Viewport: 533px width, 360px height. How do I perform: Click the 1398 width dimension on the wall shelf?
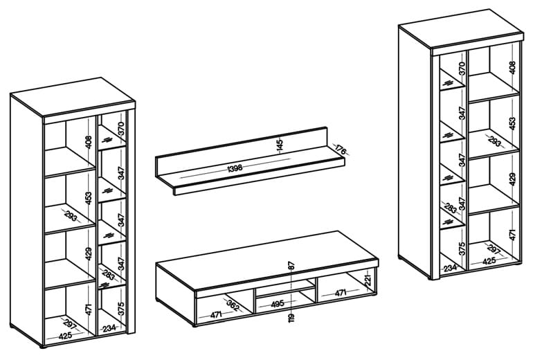[x=235, y=168]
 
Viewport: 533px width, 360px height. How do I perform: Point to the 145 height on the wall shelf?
[x=280, y=145]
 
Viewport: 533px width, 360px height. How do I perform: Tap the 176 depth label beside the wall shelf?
[x=341, y=150]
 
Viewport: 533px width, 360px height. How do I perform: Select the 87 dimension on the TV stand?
[x=291, y=266]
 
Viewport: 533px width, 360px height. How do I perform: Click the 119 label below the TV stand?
[x=291, y=318]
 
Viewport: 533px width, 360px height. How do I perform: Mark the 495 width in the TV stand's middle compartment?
[x=278, y=303]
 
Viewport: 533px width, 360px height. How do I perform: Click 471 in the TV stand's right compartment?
[x=341, y=293]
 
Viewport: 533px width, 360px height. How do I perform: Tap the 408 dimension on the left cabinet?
[x=89, y=143]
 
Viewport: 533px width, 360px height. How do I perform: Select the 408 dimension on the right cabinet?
[x=513, y=67]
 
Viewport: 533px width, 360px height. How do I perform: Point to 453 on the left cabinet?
[x=89, y=199]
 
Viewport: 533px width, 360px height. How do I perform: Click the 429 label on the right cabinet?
[x=513, y=179]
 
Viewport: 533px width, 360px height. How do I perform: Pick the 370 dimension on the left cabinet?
[x=122, y=129]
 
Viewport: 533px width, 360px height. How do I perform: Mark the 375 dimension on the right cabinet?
[x=461, y=249]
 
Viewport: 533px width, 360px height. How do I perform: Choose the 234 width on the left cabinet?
[x=109, y=328]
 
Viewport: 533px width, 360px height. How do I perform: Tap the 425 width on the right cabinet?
[x=489, y=261]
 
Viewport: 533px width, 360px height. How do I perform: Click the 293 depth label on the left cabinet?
[x=71, y=215]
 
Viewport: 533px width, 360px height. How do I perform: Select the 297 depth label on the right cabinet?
[x=494, y=249]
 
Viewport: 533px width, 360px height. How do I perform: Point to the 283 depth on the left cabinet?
[x=109, y=273]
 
